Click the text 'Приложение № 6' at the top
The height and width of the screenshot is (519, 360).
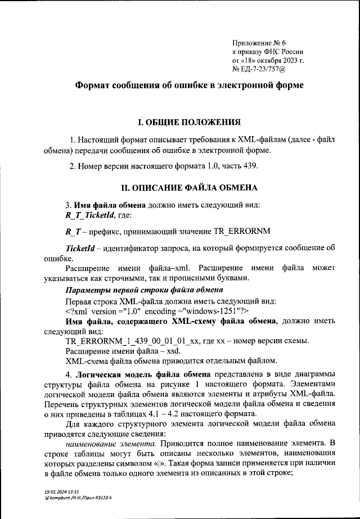click(x=259, y=43)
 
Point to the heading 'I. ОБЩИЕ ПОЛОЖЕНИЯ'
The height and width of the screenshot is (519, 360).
click(x=190, y=121)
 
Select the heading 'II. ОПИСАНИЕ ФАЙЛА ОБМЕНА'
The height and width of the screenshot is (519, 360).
click(x=190, y=187)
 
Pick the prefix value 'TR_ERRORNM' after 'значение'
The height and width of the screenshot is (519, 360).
click(x=241, y=231)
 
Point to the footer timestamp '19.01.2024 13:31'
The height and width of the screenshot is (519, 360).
click(x=61, y=491)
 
